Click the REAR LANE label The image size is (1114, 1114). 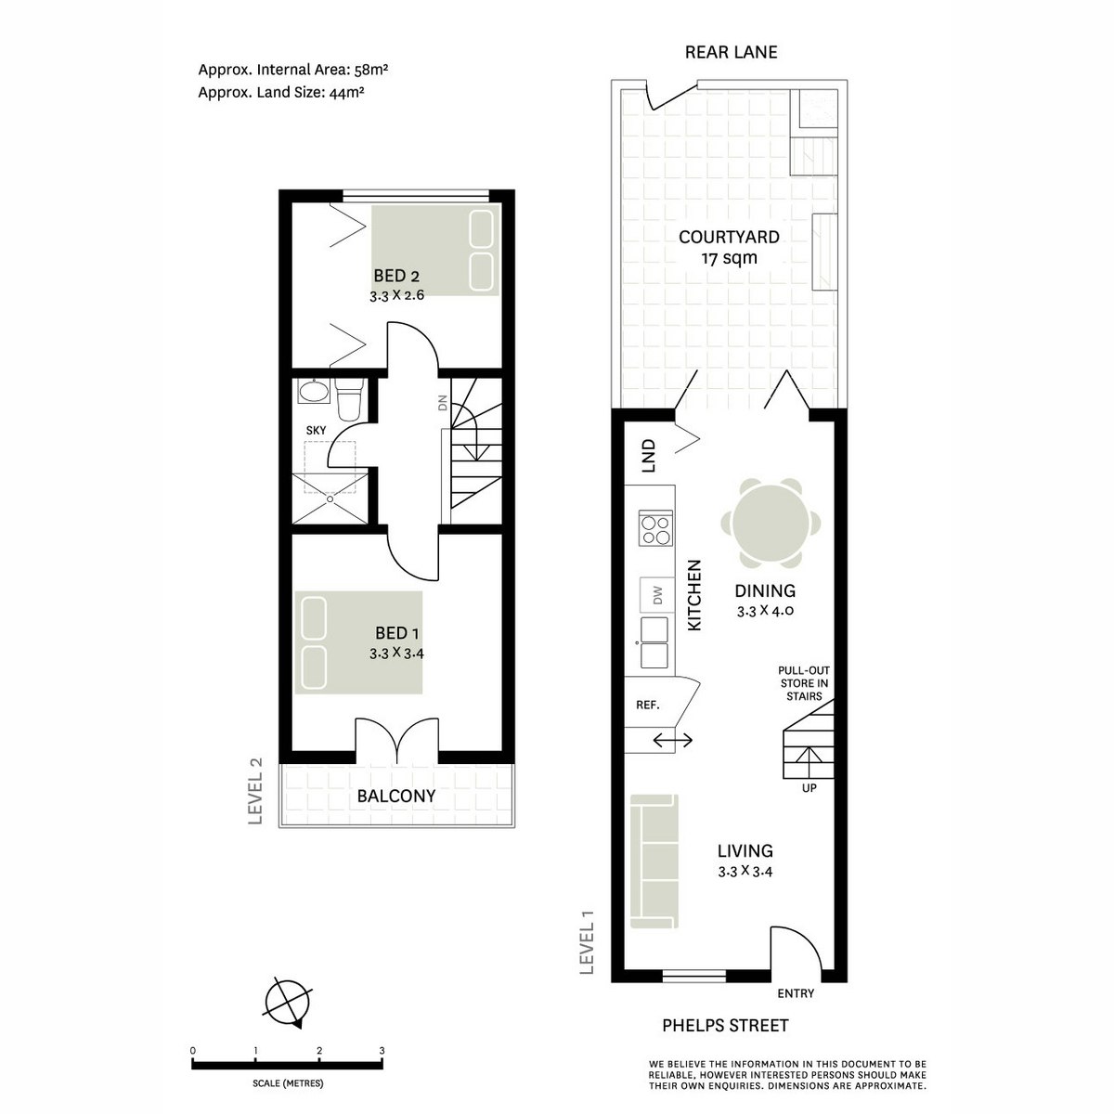[x=731, y=52]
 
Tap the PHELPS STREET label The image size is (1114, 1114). [x=725, y=1025]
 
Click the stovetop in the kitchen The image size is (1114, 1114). [x=654, y=529]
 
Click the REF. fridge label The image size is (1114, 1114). [x=647, y=705]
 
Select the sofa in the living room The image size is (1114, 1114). [x=654, y=861]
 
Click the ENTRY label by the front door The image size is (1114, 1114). [x=796, y=993]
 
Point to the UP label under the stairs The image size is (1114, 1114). [x=810, y=789]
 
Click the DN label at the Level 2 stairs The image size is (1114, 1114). [x=443, y=402]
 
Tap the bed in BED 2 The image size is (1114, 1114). [x=435, y=251]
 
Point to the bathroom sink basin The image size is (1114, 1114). [x=313, y=392]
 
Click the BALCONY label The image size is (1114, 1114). [x=396, y=796]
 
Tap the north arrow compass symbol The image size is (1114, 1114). [x=288, y=1003]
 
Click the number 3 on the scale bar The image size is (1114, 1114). [x=382, y=1051]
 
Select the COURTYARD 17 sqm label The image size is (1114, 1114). [x=729, y=247]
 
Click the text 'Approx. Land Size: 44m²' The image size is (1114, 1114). [x=280, y=92]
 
